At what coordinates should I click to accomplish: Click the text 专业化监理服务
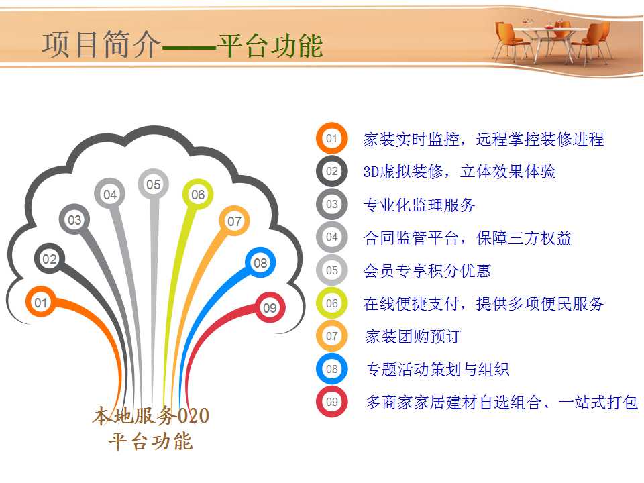(x=419, y=205)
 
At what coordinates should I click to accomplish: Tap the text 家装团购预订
(x=413, y=336)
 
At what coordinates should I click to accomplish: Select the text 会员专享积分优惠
(x=427, y=270)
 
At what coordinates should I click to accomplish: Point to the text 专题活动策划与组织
(x=437, y=369)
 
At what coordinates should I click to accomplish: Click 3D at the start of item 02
(x=371, y=172)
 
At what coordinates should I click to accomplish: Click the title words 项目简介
(x=101, y=44)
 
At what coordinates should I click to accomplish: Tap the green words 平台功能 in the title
(x=270, y=45)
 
